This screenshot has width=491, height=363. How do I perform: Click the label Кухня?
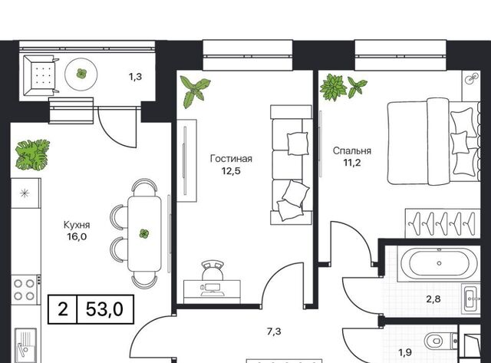pos(77,225)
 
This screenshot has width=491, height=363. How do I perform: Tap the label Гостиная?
pos(231,159)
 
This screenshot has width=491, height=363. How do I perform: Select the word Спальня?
pos(352,151)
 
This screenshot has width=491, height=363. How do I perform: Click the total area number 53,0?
pos(104,309)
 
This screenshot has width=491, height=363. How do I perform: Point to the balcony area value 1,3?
pos(135,77)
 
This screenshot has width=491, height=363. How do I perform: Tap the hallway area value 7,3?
pos(274,332)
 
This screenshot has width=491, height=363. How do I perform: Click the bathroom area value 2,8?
pos(433,299)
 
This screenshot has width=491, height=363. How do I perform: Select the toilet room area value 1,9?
pos(405,353)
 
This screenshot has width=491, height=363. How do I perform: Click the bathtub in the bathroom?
pos(438,263)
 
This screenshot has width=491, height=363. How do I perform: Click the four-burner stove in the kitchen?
pos(25,290)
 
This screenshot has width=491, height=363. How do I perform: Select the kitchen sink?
pos(25,345)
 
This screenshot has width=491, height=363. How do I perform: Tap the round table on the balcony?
pos(81,74)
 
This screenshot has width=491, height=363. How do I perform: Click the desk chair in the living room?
pos(213,270)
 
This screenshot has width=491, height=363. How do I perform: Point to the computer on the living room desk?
pos(212,289)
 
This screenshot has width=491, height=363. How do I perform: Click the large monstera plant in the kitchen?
pos(32,155)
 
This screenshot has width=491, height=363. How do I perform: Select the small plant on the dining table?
pos(144,233)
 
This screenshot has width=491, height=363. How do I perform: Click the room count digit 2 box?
pos(63,309)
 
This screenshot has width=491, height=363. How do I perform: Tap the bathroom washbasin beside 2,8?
pos(472,299)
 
